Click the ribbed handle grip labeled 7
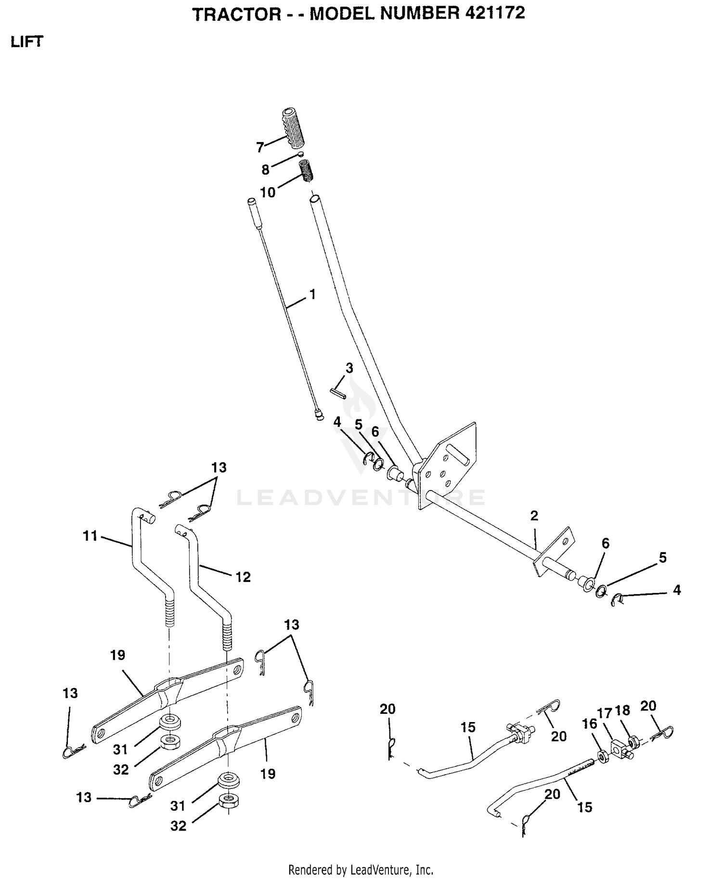[x=293, y=129]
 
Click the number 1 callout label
[x=312, y=294]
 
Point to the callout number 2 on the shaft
[x=534, y=516]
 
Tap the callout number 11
[x=90, y=535]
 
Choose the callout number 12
[x=243, y=577]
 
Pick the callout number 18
[x=622, y=711]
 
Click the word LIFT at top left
[x=27, y=42]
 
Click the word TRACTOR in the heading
[x=237, y=14]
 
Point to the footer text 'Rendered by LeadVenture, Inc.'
[x=361, y=870]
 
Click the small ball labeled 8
[x=300, y=154]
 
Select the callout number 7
[x=260, y=147]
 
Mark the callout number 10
[x=268, y=193]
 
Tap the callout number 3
[x=349, y=368]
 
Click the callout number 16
[x=589, y=724]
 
